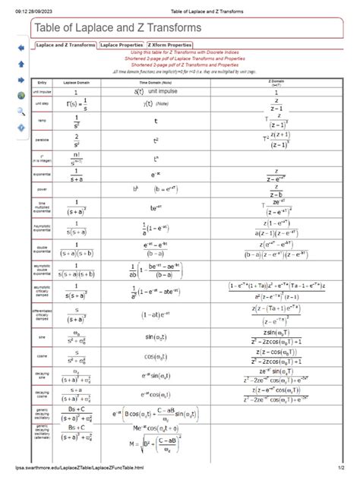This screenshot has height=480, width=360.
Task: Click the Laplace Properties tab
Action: [122, 45]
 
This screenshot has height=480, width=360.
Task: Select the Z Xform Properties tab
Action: [170, 45]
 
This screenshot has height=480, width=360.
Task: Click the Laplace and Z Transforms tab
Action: [65, 45]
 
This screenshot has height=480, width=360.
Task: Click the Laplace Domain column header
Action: [76, 81]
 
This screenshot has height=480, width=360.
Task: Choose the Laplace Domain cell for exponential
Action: [76, 176]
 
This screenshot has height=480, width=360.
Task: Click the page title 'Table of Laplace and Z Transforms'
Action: [116, 28]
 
